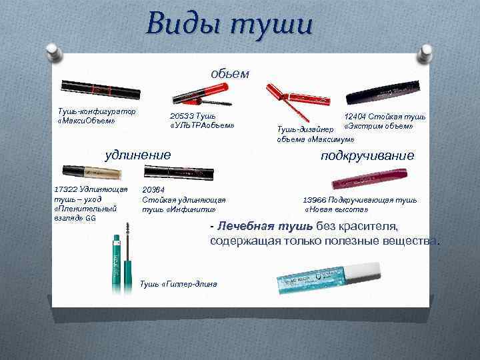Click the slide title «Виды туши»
pos(229,26)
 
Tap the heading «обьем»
pos(231,73)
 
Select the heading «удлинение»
pos(139,155)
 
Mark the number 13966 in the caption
pos(317,199)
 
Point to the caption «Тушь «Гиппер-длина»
pos(179,284)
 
